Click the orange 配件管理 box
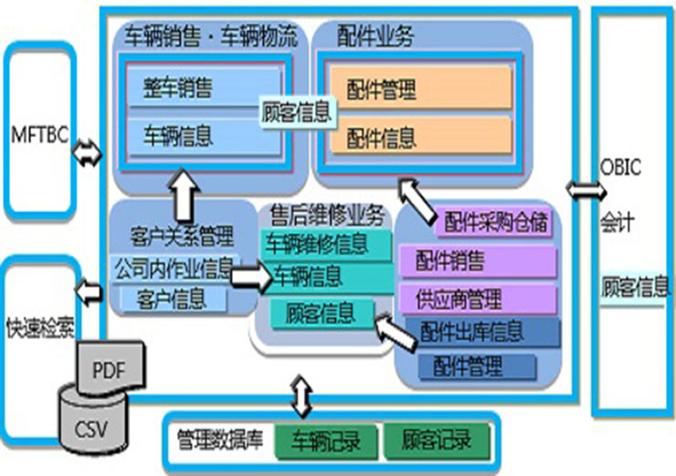(x=418, y=89)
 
